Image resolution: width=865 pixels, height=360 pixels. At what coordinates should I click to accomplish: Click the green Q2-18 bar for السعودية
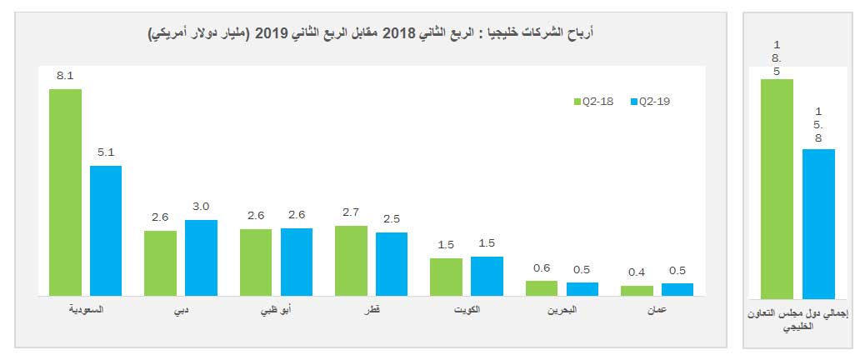(x=65, y=192)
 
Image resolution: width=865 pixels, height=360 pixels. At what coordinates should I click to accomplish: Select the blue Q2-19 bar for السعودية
(x=106, y=230)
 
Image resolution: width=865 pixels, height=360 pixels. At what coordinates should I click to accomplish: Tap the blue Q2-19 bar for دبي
(x=201, y=257)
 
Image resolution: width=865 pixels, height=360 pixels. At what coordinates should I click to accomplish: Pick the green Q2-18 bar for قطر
(x=351, y=260)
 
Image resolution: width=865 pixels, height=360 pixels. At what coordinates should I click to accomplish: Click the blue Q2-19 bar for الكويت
(x=487, y=276)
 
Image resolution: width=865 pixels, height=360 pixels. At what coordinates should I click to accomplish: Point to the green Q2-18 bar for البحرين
(x=541, y=287)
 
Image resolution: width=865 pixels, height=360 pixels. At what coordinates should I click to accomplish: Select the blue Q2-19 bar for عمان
(x=677, y=289)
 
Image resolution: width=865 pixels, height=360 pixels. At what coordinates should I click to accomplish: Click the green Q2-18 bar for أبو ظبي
(x=256, y=262)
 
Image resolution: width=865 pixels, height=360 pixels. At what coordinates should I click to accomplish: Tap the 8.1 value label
(x=65, y=76)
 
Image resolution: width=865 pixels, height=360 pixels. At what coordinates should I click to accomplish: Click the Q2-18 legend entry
(x=595, y=102)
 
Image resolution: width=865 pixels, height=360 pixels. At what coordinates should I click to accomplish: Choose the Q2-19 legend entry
(x=652, y=102)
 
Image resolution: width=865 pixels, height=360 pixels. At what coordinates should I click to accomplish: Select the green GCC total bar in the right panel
(x=776, y=188)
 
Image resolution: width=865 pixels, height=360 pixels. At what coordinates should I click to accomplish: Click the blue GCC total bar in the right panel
(x=817, y=223)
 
